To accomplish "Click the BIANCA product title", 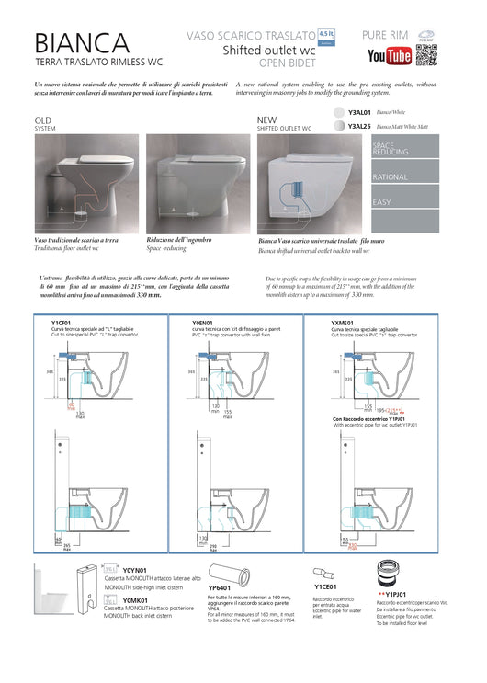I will coord(82,42).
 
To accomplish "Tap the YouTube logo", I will coord(389,57).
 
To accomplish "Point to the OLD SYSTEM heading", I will coord(45,124).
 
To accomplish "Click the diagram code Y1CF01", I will coord(62,324).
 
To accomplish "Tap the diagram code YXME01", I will coord(343,324).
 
